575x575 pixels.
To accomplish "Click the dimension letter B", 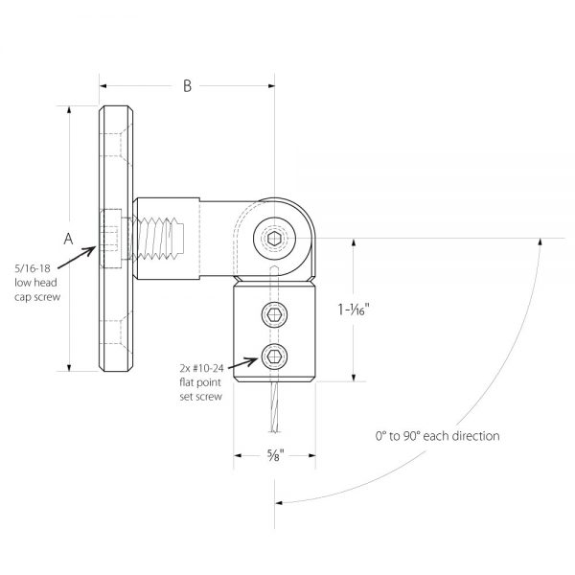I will click(x=188, y=87).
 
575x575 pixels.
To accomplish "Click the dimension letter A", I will click(x=68, y=240).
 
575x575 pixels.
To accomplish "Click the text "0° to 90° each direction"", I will click(x=438, y=436).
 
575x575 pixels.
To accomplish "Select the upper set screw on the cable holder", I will click(x=274, y=313).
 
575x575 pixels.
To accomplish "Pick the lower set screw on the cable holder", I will click(x=274, y=357).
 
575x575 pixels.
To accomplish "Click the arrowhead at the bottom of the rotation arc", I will click(x=280, y=502).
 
